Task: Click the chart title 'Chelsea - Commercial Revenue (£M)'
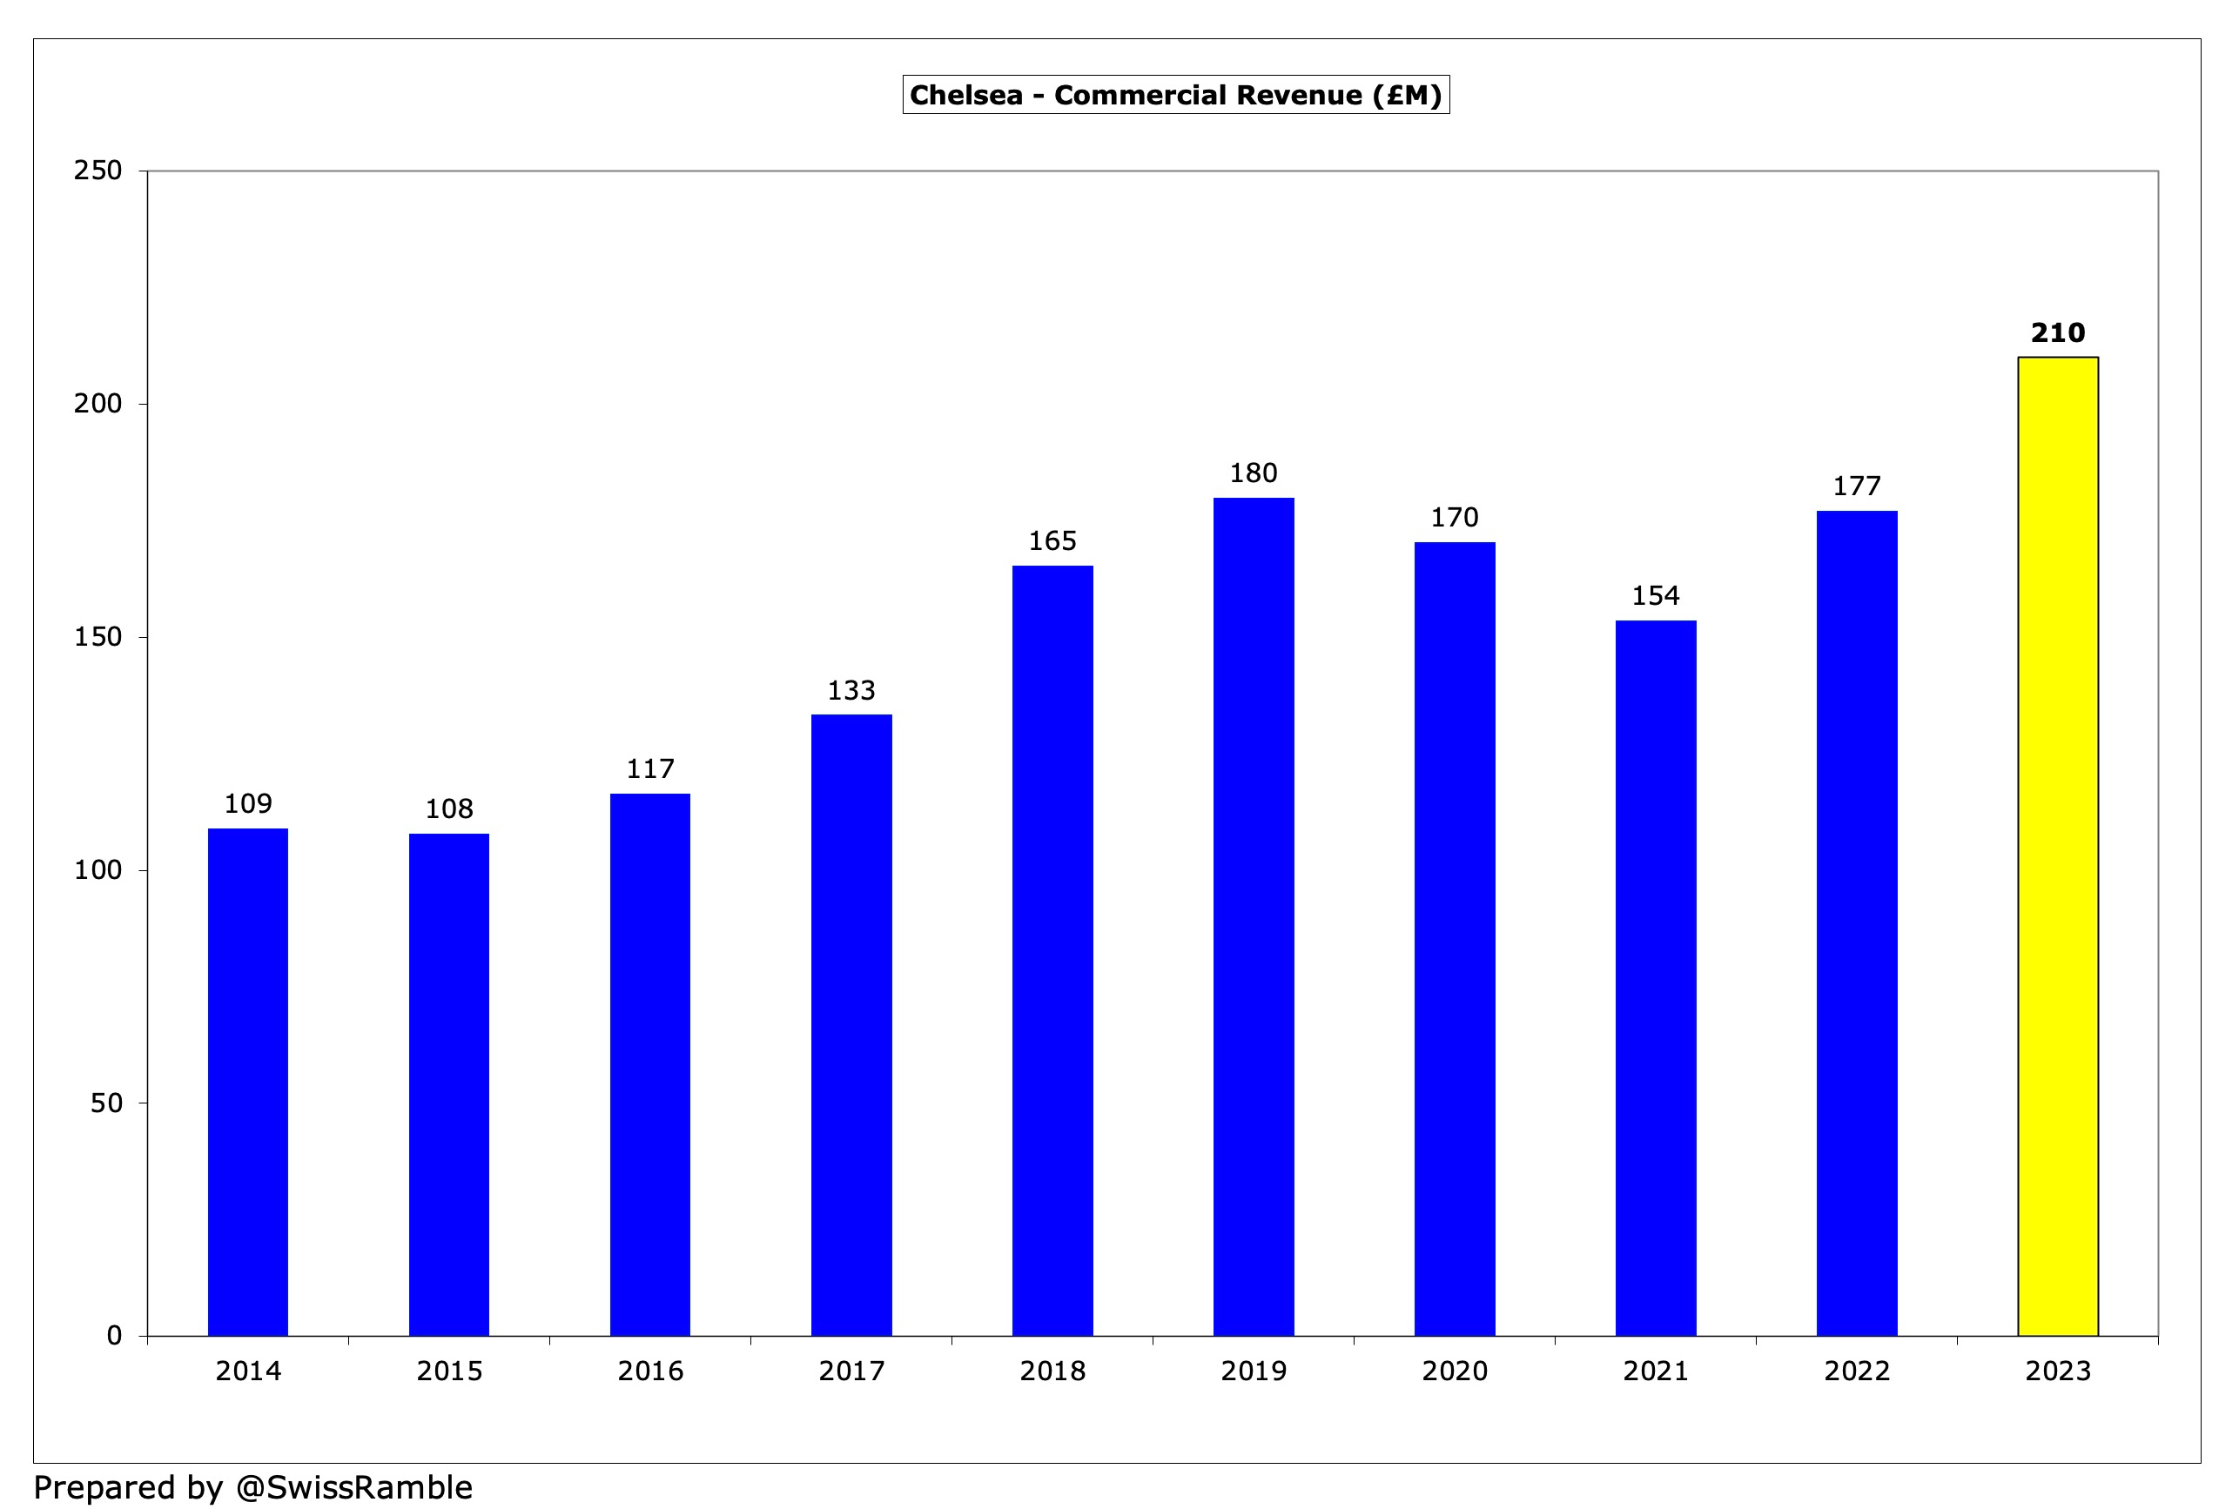click(1175, 95)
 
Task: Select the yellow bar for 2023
click(2057, 847)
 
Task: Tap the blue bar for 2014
click(247, 1082)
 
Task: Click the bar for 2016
click(649, 1064)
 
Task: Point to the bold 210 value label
click(2057, 333)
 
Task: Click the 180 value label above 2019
click(1254, 473)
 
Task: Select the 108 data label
click(448, 809)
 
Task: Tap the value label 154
click(1656, 597)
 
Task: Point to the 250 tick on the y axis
click(98, 171)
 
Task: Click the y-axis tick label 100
click(98, 870)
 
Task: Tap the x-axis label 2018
click(1052, 1372)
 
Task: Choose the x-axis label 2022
click(1857, 1372)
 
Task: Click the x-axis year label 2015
click(448, 1372)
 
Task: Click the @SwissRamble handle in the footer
click(354, 1488)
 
